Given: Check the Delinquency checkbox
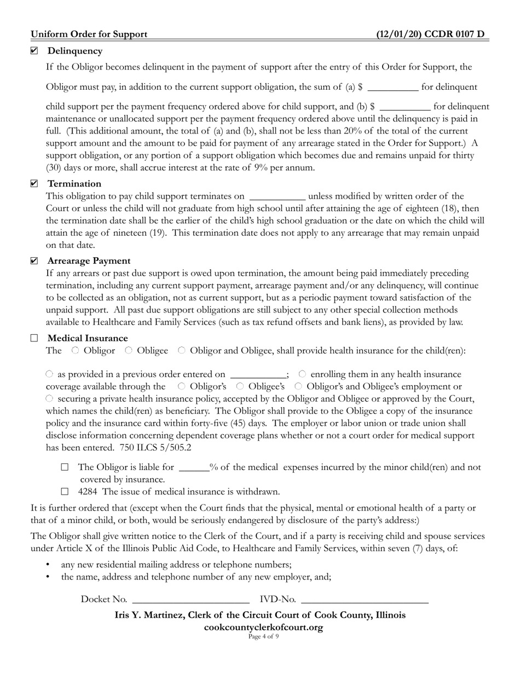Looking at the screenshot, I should point(34,51).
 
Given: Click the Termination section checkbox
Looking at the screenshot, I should point(34,183).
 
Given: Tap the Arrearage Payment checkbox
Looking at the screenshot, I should point(34,260).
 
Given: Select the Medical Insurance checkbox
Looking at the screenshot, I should point(34,338).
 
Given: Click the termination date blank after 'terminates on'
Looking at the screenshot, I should point(277,196).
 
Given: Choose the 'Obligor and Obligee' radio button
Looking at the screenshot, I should point(182,350).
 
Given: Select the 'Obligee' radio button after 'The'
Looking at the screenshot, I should point(129,350).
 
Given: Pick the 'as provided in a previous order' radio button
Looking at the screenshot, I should point(50,374).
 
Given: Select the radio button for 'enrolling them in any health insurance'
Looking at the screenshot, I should point(302,374).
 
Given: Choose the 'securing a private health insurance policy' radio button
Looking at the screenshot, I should point(50,398).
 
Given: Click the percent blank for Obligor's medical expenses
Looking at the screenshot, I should point(194,468).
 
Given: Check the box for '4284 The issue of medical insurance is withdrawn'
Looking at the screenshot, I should point(65,491).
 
